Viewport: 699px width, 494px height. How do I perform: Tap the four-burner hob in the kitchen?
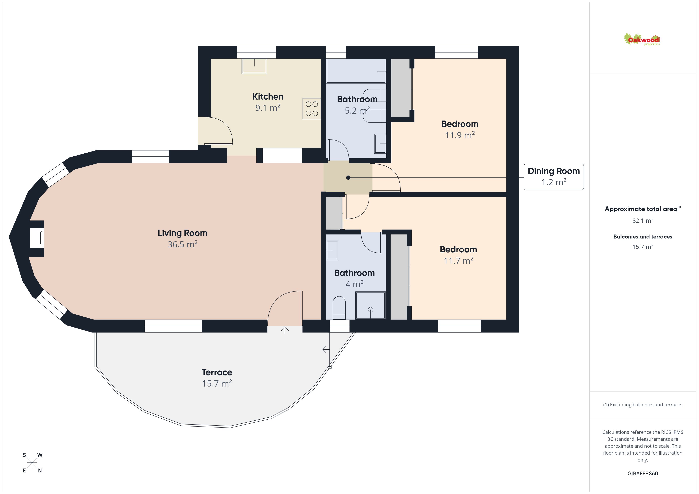pyautogui.click(x=312, y=109)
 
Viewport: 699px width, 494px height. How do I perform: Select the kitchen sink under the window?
pyautogui.click(x=254, y=66)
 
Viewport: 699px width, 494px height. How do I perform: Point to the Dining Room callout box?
pyautogui.click(x=554, y=177)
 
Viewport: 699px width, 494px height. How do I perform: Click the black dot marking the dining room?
pyautogui.click(x=348, y=178)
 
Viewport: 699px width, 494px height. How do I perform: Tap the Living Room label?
pyautogui.click(x=182, y=233)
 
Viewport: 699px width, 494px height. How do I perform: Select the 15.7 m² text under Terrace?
pyautogui.click(x=217, y=384)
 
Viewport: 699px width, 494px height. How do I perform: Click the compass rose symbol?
pyautogui.click(x=32, y=463)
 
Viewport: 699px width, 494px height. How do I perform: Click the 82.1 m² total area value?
pyautogui.click(x=642, y=220)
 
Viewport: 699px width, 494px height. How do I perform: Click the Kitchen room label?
pyautogui.click(x=268, y=97)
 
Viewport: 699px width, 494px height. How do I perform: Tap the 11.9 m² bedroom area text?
pyautogui.click(x=460, y=135)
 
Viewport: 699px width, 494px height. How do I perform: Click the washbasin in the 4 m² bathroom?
pyautogui.click(x=332, y=250)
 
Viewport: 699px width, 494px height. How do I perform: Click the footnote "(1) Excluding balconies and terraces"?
pyautogui.click(x=642, y=405)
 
